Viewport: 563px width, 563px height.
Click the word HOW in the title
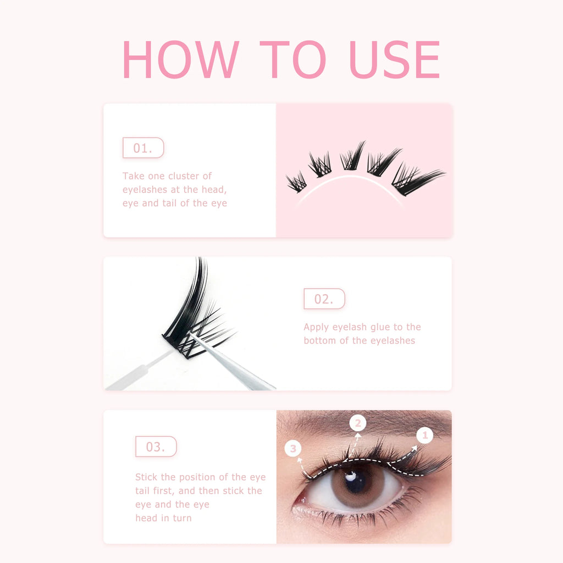point(180,59)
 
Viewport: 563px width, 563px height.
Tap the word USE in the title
point(394,59)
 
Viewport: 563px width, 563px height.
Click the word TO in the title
point(292,59)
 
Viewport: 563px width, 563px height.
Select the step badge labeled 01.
point(143,148)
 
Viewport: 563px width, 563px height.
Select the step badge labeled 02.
point(324,299)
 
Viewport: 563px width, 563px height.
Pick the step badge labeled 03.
point(156,446)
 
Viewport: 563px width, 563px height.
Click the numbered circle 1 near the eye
point(424,435)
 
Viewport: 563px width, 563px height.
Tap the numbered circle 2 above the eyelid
point(358,423)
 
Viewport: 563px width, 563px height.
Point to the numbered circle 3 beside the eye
point(293,449)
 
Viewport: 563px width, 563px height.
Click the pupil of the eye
point(356,481)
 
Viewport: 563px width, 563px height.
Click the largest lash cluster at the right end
point(415,179)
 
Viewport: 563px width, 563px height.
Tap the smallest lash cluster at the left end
point(296,182)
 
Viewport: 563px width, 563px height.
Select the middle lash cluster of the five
point(352,157)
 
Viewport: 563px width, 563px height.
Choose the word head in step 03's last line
point(146,518)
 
